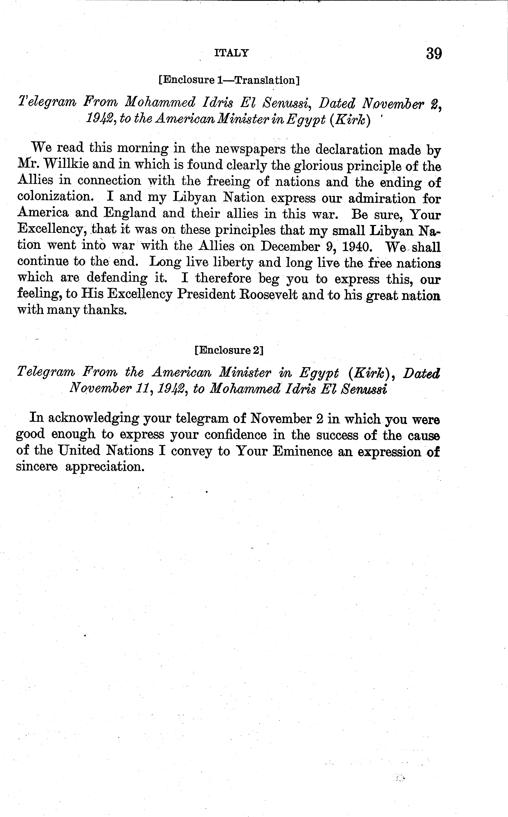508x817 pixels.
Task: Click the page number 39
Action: [x=434, y=54]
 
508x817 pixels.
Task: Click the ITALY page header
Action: [x=232, y=53]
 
